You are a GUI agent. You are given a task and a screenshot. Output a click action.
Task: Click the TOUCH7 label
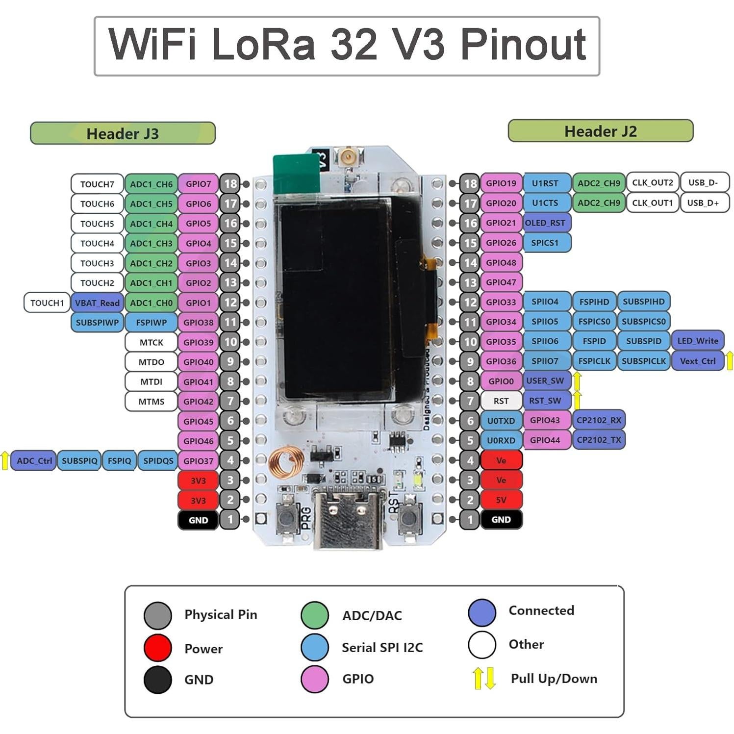(97, 184)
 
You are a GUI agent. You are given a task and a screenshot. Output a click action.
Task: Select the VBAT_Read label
(97, 303)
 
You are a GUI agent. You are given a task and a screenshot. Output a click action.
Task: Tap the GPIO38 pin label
(198, 323)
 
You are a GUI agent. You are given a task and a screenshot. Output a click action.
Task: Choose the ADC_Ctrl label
(34, 461)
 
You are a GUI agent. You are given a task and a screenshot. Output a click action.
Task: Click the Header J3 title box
(123, 133)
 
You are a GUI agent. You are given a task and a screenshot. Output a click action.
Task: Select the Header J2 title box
(600, 131)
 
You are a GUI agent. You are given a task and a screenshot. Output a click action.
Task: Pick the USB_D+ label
(703, 203)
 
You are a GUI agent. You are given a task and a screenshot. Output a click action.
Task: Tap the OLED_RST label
(545, 223)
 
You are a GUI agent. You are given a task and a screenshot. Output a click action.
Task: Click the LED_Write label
(697, 341)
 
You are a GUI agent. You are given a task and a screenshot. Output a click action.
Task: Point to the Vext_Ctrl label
(697, 361)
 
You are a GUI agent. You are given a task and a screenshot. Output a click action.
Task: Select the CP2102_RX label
(599, 420)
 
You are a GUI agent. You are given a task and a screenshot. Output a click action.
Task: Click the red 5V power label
(501, 500)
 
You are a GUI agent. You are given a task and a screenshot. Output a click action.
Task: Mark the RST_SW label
(545, 401)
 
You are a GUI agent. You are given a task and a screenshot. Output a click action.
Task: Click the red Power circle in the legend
(158, 648)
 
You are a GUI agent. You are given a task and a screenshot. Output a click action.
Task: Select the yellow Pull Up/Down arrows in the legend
(484, 678)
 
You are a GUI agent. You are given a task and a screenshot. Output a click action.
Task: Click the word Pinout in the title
(523, 45)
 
